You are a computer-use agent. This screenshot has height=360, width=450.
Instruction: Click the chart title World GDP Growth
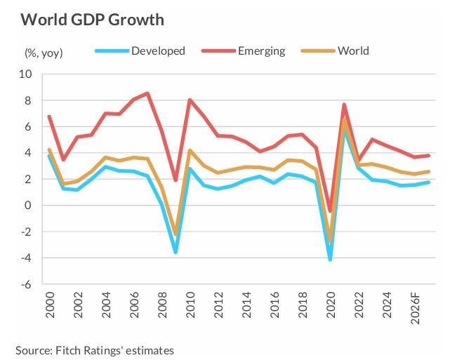coord(92,19)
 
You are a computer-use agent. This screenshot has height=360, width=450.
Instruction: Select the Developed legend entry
coord(158,51)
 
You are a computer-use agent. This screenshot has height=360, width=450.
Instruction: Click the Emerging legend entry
coord(261,51)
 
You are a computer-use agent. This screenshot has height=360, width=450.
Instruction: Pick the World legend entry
coord(352,51)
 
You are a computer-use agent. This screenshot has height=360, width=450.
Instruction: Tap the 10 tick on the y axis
coord(26,74)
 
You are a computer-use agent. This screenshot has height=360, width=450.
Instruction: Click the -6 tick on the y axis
coord(26,285)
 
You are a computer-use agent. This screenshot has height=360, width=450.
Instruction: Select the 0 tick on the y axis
coord(29,206)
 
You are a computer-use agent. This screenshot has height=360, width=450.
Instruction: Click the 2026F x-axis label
coord(416,312)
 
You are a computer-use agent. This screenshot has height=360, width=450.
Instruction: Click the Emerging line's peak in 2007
coord(147,93)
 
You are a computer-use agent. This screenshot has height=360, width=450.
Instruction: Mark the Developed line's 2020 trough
coord(330,259)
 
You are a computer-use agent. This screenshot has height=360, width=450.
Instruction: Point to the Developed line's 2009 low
coord(176,252)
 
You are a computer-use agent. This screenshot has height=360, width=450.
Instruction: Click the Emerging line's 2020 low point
coord(330,211)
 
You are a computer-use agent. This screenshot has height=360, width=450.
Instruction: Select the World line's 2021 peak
coord(344,118)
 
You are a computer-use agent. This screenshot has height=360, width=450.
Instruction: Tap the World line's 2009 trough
coord(176,234)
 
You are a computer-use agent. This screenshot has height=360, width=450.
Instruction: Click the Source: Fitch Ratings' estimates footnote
coord(94,349)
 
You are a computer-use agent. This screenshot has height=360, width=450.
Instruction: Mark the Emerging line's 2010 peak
coord(190,100)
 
